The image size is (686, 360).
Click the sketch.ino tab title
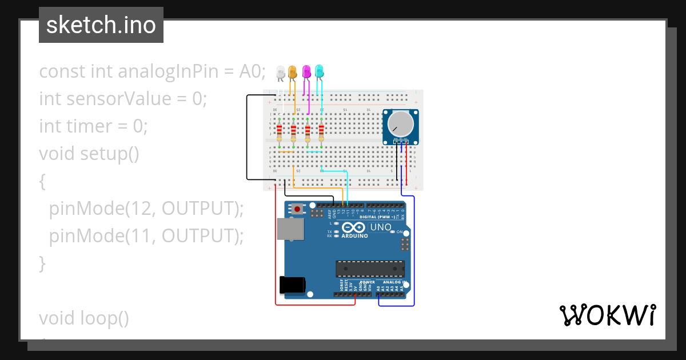[x=101, y=25]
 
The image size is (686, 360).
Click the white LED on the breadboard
[x=280, y=72]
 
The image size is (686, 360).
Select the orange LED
[x=293, y=72]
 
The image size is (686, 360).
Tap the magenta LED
[x=306, y=71]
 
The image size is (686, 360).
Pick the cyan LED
[x=320, y=71]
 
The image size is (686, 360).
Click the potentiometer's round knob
[x=400, y=124]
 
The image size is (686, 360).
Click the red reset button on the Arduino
[x=298, y=209]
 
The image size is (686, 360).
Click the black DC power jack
[x=292, y=285]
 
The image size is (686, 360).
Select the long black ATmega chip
[x=370, y=269]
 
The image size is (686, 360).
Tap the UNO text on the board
[x=381, y=227]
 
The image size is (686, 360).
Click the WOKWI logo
[x=607, y=315]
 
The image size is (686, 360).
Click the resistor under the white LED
[x=280, y=133]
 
